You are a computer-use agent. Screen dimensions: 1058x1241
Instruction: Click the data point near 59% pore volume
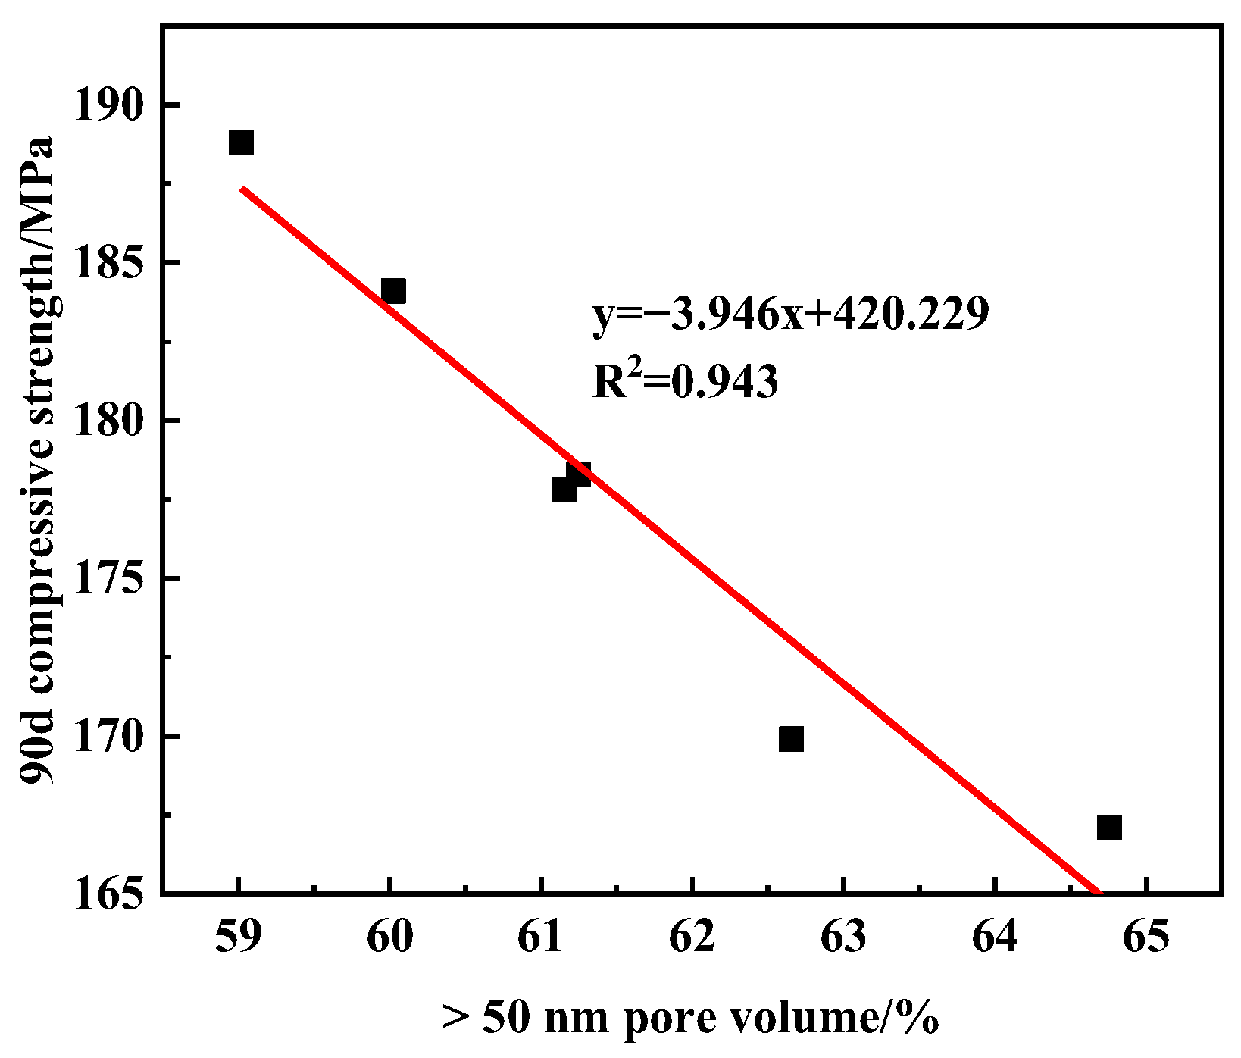pos(241,142)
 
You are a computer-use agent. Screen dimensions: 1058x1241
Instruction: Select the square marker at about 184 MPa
pos(393,291)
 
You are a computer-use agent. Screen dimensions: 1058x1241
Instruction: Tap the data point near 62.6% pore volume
pos(790,738)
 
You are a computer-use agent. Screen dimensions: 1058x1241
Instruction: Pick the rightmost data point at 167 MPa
pos(1108,828)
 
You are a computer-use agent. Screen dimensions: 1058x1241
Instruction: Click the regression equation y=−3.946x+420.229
pos(790,315)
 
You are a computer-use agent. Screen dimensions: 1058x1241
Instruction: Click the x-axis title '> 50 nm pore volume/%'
pos(690,1018)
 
